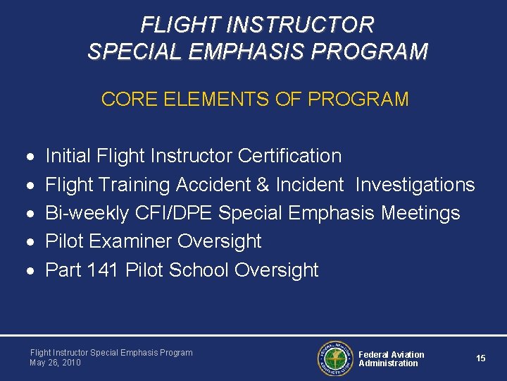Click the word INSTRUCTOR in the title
point(307,25)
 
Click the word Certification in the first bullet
point(290,156)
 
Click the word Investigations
point(415,185)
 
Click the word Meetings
point(420,213)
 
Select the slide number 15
point(480,358)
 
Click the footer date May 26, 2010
point(56,363)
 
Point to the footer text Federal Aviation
point(392,354)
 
